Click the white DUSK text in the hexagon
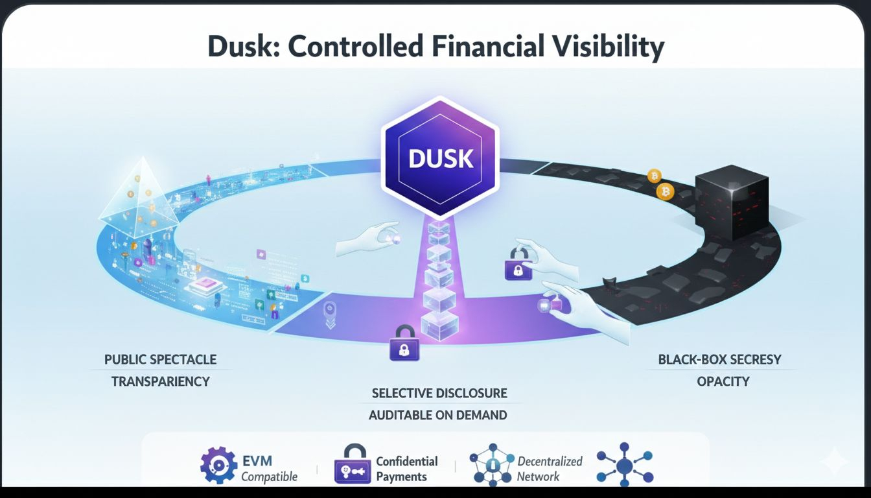click(x=441, y=158)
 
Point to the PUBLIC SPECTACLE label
click(x=161, y=359)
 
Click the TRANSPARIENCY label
click(x=161, y=381)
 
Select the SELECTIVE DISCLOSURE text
click(x=439, y=393)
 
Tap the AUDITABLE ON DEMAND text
click(x=438, y=415)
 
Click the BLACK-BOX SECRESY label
click(x=720, y=359)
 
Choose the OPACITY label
click(x=723, y=381)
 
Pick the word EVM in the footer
click(x=257, y=461)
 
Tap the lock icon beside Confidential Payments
click(x=353, y=465)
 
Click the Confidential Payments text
click(x=407, y=469)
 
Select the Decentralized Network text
click(x=550, y=469)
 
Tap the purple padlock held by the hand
click(x=518, y=266)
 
